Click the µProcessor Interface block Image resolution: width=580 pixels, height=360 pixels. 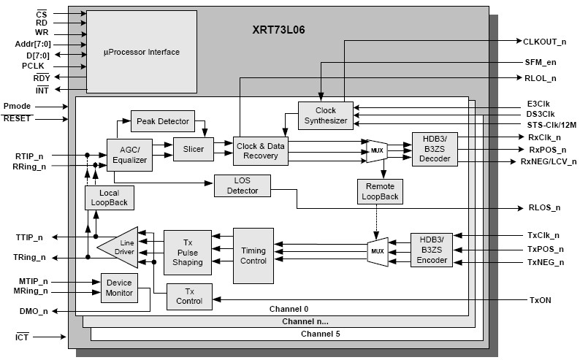click(141, 52)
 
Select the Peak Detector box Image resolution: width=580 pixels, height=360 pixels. click(161, 120)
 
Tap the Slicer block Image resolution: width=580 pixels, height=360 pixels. click(193, 149)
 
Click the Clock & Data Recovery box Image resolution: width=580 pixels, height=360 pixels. click(261, 150)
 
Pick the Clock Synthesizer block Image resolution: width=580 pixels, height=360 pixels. click(326, 115)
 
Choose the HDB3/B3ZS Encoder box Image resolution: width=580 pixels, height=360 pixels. click(432, 249)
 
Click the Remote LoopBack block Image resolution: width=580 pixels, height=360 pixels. click(380, 191)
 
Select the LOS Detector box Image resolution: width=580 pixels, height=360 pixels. click(242, 185)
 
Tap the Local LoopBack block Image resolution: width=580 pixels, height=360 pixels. click(110, 197)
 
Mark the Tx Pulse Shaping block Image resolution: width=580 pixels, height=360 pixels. click(187, 252)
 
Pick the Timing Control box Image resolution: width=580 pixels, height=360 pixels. click(253, 256)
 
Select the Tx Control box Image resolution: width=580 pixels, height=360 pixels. click(189, 295)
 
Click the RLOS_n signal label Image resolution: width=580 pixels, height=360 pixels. click(544, 207)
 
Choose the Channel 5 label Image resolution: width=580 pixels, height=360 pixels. click(320, 334)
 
